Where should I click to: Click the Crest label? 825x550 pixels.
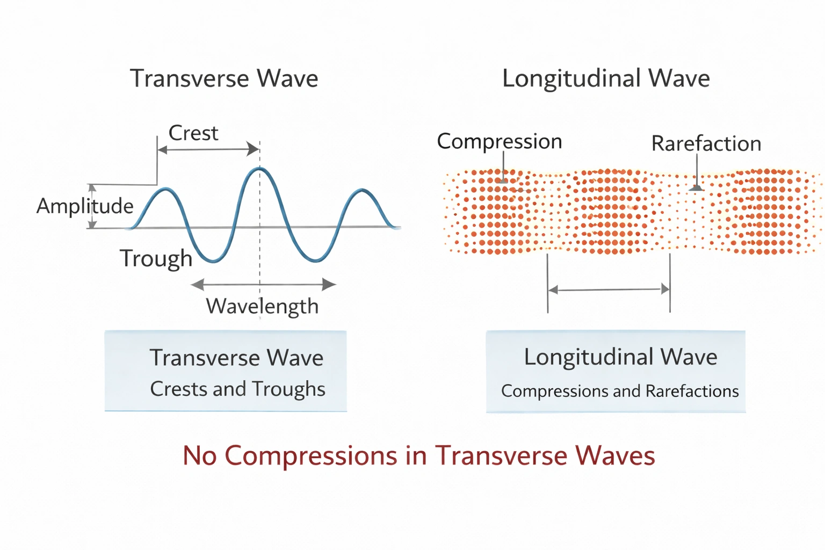193,133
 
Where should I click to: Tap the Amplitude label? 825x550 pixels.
85,206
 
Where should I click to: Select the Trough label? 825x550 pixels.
156,258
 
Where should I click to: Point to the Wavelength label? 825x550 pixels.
262,306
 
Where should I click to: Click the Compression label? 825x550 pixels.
500,142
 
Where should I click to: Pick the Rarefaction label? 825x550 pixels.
706,144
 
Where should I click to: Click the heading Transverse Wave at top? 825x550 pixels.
224,78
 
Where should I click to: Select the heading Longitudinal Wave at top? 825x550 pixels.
606,78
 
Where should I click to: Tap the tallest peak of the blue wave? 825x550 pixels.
260,169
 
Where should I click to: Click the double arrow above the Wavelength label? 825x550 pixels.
263,284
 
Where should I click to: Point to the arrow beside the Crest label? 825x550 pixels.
208,150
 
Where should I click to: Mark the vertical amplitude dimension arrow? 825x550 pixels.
92,206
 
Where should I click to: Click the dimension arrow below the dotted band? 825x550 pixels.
609,290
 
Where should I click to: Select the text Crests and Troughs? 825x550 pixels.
237,389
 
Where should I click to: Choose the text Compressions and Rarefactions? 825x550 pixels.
620,391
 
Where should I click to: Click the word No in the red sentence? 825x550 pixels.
199,455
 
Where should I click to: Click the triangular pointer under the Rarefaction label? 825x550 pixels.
696,188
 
